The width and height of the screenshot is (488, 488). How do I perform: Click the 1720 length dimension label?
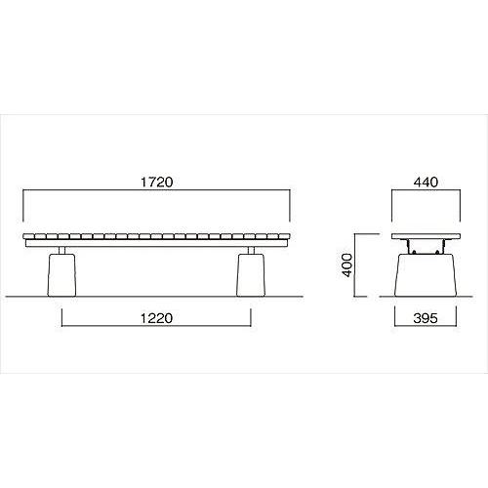coord(156,182)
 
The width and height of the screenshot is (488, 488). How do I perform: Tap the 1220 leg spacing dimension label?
coord(156,318)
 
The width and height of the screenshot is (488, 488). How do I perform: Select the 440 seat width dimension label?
coord(426,182)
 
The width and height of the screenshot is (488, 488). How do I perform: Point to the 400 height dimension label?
coord(347,265)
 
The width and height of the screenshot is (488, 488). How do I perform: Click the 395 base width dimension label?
coord(426,318)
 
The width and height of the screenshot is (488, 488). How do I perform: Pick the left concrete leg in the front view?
coord(61,275)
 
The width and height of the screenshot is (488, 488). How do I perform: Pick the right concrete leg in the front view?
coord(251,275)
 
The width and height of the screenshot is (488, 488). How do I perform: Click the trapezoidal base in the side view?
coord(426,275)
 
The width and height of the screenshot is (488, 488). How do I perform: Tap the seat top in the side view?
coord(426,236)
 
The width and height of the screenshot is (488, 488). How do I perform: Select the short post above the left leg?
coord(61,250)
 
